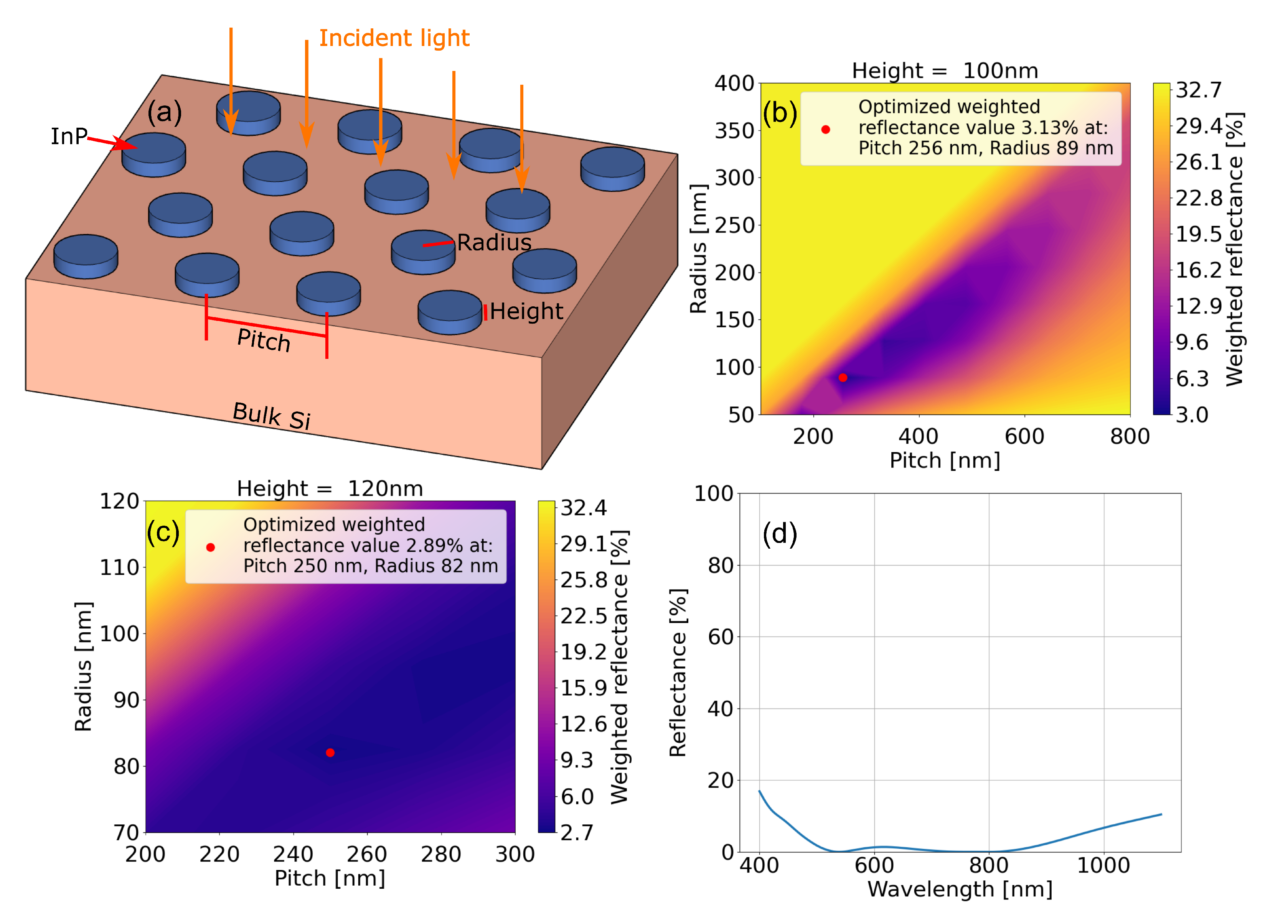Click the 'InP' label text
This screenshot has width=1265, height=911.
coord(69,136)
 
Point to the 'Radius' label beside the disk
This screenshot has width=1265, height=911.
coord(494,243)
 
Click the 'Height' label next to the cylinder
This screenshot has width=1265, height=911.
coord(526,311)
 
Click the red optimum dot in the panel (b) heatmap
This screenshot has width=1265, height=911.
coord(843,377)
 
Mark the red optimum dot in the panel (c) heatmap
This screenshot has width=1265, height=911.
coord(330,753)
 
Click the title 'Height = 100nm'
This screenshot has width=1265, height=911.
coord(945,71)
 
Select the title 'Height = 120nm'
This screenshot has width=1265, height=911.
coord(330,488)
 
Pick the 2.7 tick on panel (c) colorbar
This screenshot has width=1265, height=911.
coord(576,832)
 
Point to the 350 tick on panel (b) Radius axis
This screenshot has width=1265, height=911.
coord(734,131)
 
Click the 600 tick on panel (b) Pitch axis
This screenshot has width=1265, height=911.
coord(1024,436)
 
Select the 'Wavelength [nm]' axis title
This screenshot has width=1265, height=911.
coord(959,889)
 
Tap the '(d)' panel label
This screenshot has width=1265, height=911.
coord(780,534)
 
